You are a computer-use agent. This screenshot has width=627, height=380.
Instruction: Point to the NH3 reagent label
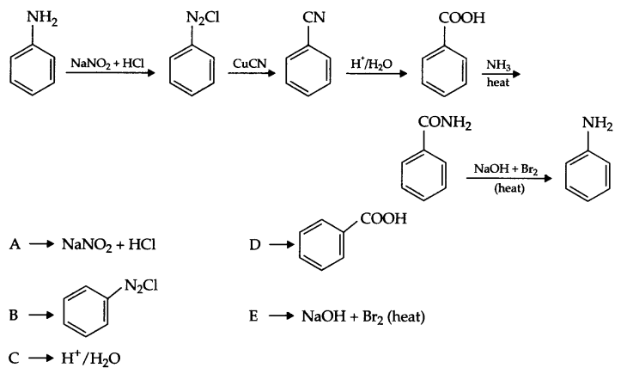click(498, 64)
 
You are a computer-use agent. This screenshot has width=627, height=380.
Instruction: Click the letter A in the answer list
click(14, 244)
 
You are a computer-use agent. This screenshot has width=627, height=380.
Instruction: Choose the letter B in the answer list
click(14, 316)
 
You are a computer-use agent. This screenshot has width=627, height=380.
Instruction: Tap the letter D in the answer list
click(253, 244)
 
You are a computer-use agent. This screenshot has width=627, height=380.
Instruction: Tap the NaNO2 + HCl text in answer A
click(107, 245)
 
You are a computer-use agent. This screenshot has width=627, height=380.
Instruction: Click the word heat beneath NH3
click(498, 83)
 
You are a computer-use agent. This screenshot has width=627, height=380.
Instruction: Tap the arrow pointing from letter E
click(279, 316)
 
